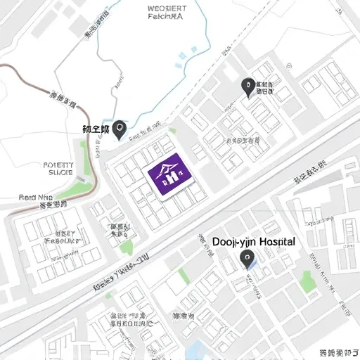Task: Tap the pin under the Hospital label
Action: point(247,260)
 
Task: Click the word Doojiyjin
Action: point(234,241)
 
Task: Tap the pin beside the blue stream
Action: point(120,129)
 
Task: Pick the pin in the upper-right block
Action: point(247,87)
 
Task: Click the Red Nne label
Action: point(36,198)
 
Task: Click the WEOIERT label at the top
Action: point(171,9)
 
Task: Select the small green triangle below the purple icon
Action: point(127,247)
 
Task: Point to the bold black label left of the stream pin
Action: point(96,129)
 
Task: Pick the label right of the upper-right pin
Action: point(265,87)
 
